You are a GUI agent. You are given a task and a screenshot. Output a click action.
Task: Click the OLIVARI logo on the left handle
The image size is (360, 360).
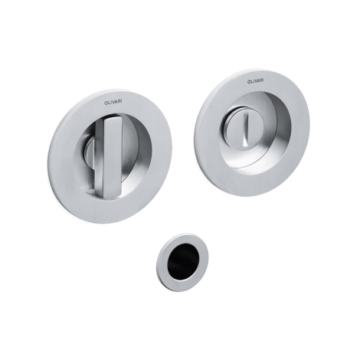[x=113, y=102]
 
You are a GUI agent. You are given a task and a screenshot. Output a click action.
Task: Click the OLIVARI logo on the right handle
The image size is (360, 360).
[x=256, y=81]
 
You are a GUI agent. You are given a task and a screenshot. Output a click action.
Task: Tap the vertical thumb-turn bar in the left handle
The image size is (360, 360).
[x=113, y=156]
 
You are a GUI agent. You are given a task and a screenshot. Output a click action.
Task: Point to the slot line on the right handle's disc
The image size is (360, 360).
[x=245, y=129]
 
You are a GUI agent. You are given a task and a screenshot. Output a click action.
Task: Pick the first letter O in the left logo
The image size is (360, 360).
[x=106, y=103]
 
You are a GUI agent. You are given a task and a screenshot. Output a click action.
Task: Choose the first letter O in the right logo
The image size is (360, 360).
[x=249, y=82]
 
